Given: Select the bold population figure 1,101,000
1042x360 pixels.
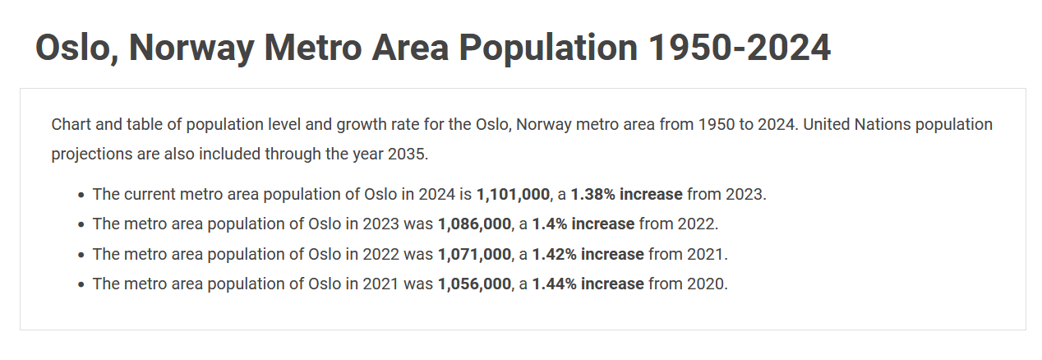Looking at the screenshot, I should pyautogui.click(x=513, y=195).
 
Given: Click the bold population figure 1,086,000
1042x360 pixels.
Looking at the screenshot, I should pyautogui.click(x=474, y=224).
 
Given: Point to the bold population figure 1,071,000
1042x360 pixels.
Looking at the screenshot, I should pyautogui.click(x=474, y=254).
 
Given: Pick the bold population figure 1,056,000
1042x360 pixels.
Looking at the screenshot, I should pyautogui.click(x=474, y=284).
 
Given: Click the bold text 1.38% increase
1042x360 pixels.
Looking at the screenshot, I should pyautogui.click(x=626, y=195).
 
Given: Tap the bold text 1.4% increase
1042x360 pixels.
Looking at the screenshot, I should pyautogui.click(x=583, y=224).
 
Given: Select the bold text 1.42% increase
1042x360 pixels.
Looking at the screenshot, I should pyautogui.click(x=588, y=254).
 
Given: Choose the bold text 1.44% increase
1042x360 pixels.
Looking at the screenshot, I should pyautogui.click(x=588, y=284).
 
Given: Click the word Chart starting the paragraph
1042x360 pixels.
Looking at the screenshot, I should pyautogui.click(x=70, y=124).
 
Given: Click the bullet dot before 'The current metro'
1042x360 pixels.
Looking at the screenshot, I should pyautogui.click(x=81, y=196).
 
